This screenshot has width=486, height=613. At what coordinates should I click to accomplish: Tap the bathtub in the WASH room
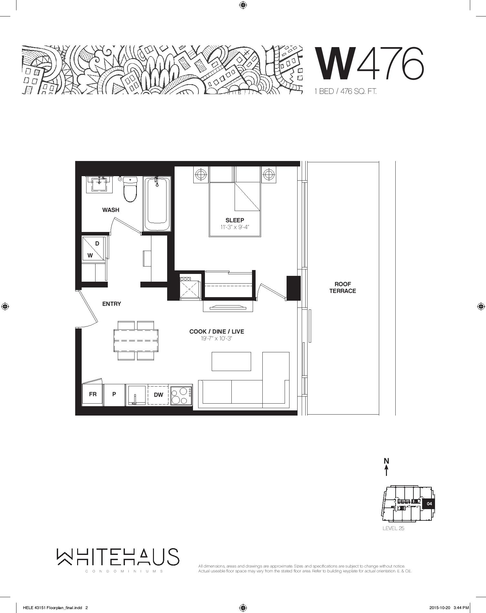tap(157, 204)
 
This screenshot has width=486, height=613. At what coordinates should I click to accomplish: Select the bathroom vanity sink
tap(99, 185)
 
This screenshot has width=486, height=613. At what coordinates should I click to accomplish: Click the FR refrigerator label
tap(93, 394)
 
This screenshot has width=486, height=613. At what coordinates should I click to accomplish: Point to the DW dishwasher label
tap(158, 395)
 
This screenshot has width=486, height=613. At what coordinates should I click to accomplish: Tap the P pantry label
tap(114, 394)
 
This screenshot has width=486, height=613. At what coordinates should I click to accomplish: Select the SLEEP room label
tap(235, 220)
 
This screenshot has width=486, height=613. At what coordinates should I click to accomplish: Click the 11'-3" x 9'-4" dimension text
tap(235, 227)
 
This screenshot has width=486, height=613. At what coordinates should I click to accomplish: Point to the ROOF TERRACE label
tap(343, 287)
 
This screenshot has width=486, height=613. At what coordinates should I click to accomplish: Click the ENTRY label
tap(112, 304)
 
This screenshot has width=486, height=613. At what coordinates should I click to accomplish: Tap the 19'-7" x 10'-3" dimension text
tap(217, 338)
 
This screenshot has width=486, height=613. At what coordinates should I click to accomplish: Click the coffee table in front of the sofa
tap(231, 361)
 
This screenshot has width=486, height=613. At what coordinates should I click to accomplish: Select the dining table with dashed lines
tap(136, 341)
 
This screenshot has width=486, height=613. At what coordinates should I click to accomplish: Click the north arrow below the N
tap(386, 470)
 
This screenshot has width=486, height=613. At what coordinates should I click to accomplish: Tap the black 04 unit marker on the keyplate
tap(429, 504)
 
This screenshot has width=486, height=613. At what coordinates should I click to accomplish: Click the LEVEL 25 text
tap(393, 528)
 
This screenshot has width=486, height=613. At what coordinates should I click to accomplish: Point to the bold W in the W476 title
tap(336, 64)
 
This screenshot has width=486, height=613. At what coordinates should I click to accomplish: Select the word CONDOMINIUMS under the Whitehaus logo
tap(124, 571)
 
